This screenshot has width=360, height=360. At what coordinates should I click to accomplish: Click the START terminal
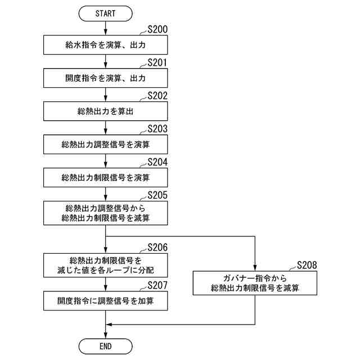pos(106,13)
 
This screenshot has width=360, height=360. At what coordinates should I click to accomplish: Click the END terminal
pos(106,345)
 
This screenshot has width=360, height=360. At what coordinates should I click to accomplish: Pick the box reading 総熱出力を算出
pos(106,111)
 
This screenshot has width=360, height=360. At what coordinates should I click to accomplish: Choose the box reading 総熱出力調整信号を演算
pos(106,145)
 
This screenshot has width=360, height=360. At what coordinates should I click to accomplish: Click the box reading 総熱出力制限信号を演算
pos(106,178)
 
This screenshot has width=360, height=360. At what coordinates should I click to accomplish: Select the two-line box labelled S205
pos(106,213)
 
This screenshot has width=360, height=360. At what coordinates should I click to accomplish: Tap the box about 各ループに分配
pos(106,265)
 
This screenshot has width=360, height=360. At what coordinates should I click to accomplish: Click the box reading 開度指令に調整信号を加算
pos(106,301)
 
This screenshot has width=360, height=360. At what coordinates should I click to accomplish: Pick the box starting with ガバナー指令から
pos(255,283)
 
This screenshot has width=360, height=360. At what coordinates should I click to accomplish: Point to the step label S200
pos(157,29)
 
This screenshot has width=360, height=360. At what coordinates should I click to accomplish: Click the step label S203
pos(157,129)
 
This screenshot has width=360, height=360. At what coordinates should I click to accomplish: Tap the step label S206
pos(157,247)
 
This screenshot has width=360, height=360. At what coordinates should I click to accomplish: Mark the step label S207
pos(157,285)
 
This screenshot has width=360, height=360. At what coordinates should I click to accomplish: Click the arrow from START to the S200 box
pos(106,28)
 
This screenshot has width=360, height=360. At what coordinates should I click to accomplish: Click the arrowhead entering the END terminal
pos(106,335)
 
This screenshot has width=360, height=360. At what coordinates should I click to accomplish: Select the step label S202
pos(157,96)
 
